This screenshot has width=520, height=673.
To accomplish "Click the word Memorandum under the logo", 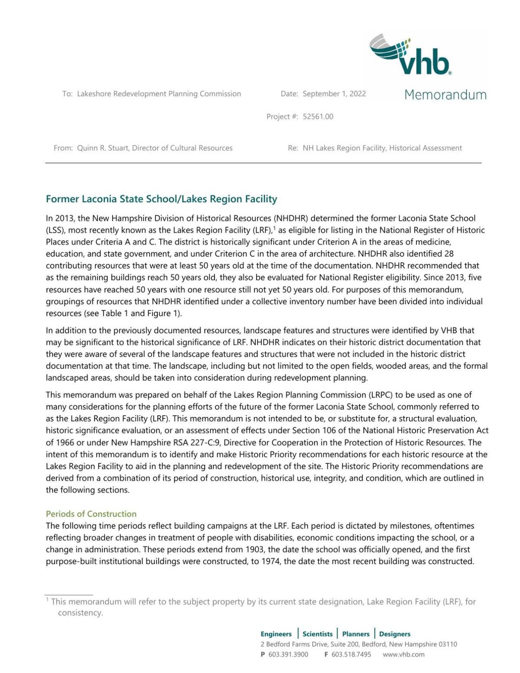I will click(x=445, y=95).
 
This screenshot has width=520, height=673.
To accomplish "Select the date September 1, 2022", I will click(x=334, y=94).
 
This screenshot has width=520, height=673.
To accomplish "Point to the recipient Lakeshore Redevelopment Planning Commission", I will click(x=159, y=94).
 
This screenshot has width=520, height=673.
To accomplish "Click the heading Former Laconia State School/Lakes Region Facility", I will click(x=161, y=199).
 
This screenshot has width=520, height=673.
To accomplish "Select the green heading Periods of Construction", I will click(x=91, y=514).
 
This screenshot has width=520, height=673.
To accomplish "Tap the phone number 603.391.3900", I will click(x=288, y=654).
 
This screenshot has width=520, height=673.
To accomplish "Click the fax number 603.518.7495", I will click(x=351, y=654).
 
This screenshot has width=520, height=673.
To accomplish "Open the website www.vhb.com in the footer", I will click(x=403, y=654).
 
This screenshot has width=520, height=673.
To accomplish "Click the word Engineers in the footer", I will click(x=276, y=634).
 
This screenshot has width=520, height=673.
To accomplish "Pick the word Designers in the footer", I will click(x=395, y=634).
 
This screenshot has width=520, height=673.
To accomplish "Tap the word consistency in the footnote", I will click(x=80, y=613).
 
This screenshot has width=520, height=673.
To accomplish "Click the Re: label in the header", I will click(x=293, y=148).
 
